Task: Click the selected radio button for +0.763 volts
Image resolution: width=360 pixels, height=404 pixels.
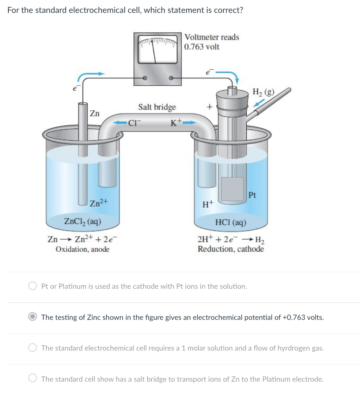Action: tap(33, 317)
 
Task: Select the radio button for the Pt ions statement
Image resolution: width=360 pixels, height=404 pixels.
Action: tap(33, 286)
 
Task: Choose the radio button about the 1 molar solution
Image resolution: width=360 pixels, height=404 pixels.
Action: tap(33, 348)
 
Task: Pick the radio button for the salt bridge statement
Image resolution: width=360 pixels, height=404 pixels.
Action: tap(33, 379)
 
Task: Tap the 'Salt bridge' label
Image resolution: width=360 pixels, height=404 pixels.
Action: tap(157, 107)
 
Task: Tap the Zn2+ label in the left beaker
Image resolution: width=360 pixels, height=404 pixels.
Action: tap(99, 202)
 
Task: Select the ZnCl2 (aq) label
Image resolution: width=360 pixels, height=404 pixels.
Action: tap(83, 221)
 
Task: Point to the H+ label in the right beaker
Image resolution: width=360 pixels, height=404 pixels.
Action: tap(208, 205)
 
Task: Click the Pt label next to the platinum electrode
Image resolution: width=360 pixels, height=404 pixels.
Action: tap(253, 196)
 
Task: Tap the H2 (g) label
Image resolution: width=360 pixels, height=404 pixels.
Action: tap(264, 92)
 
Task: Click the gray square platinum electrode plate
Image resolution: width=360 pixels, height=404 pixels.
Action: tap(232, 189)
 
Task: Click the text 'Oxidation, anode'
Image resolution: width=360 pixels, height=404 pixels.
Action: tap(82, 249)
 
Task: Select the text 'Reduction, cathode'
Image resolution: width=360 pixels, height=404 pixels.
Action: tap(230, 249)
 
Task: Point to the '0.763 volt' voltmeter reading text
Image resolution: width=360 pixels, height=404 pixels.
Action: tap(202, 47)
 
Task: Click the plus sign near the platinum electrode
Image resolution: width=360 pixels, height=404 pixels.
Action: tap(208, 107)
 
